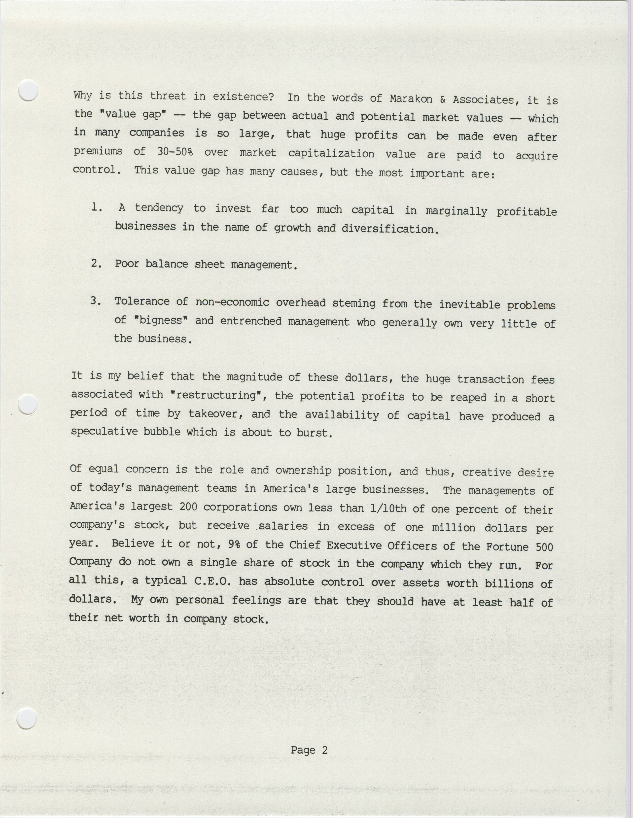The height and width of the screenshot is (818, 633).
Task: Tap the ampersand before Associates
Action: (442, 99)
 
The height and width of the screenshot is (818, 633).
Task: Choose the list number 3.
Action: (96, 301)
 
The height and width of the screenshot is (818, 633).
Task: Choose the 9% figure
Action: (234, 545)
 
